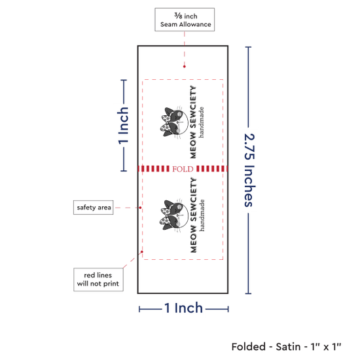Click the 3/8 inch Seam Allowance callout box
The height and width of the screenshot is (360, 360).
coord(185,20)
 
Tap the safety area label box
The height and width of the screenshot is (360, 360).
coord(93,207)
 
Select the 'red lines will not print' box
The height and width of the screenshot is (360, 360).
coord(98,279)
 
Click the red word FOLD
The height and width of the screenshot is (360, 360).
coord(183,169)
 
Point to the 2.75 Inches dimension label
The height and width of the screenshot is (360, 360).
coord(249,170)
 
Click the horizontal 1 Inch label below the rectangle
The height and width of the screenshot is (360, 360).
coord(183,308)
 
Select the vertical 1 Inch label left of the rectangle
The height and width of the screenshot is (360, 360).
coord(123,126)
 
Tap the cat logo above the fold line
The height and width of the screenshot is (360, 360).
coord(174,122)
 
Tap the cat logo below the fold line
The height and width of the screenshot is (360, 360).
coord(174,215)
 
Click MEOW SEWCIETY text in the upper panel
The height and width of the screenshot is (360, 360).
coord(193,122)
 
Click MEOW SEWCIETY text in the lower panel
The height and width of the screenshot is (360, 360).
coord(193,215)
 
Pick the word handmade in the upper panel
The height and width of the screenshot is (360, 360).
coord(201,122)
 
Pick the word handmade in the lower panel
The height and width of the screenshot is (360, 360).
coord(202,215)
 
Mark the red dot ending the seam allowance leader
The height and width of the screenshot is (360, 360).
coord(185,67)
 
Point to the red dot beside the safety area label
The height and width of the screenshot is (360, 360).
coord(140,207)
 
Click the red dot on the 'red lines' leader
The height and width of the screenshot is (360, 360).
coord(142,251)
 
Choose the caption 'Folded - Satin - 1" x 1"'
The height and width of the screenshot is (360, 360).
coord(286,347)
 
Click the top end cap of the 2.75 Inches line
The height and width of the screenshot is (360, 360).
coord(248,47)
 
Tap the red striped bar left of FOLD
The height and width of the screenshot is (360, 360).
coord(154,169)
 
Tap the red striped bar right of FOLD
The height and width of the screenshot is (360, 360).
coord(212,169)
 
